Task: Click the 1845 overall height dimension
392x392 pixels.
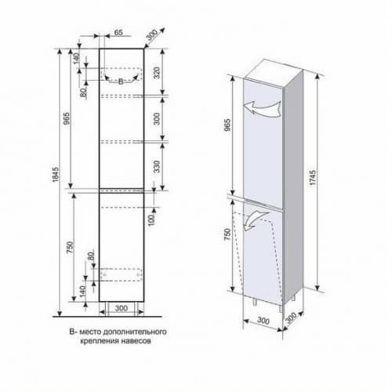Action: [x=56, y=174]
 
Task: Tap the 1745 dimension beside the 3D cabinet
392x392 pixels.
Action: [x=313, y=178]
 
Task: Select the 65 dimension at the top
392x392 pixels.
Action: [x=118, y=32]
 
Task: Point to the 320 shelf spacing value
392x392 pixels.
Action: [x=157, y=73]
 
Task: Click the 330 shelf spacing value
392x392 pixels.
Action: [x=157, y=167]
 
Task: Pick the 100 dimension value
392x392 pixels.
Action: [x=151, y=220]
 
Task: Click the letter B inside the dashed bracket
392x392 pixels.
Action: [x=121, y=82]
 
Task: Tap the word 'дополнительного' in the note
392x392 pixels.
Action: [x=135, y=332]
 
